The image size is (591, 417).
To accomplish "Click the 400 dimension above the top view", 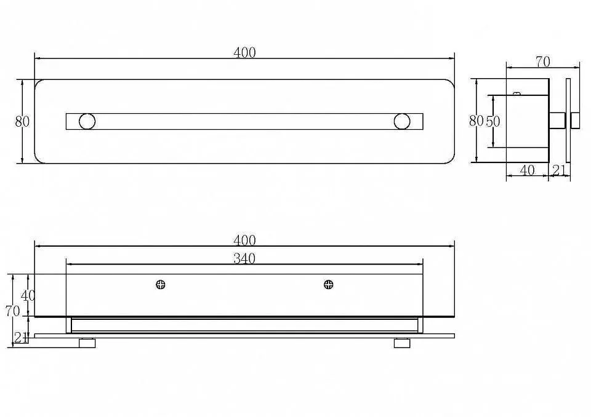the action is pyautogui.click(x=244, y=53).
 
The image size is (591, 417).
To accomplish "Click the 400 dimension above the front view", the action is pyautogui.click(x=244, y=240).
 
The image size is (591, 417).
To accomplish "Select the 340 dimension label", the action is pyautogui.click(x=244, y=258).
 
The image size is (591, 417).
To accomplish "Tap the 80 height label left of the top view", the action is pyautogui.click(x=22, y=122).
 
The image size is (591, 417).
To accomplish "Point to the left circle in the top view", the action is pyautogui.click(x=87, y=121).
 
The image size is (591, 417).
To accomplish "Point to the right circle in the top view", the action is pyautogui.click(x=402, y=121).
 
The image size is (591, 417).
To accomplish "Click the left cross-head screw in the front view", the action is pyautogui.click(x=161, y=284).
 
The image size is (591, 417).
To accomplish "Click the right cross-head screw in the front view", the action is pyautogui.click(x=329, y=284).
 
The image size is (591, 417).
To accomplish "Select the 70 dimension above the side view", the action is pyautogui.click(x=543, y=62).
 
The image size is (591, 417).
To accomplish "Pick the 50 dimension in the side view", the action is pyautogui.click(x=492, y=121).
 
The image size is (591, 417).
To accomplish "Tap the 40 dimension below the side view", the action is pyautogui.click(x=527, y=170).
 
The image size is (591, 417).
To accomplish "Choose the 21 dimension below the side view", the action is pyautogui.click(x=560, y=170).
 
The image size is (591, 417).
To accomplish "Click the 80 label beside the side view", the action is pyautogui.click(x=476, y=121).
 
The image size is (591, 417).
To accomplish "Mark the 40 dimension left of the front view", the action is pyautogui.click(x=28, y=296).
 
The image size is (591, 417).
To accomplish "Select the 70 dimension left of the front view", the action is pyautogui.click(x=12, y=311).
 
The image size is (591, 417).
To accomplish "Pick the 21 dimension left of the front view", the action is pyautogui.click(x=21, y=338).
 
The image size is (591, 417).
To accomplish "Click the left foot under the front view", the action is pyautogui.click(x=87, y=343).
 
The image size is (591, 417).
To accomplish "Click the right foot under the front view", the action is pyautogui.click(x=402, y=343).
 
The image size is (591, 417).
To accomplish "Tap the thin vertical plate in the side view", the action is pyautogui.click(x=568, y=121).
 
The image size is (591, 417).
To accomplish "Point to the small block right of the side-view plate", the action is pyautogui.click(x=576, y=121).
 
